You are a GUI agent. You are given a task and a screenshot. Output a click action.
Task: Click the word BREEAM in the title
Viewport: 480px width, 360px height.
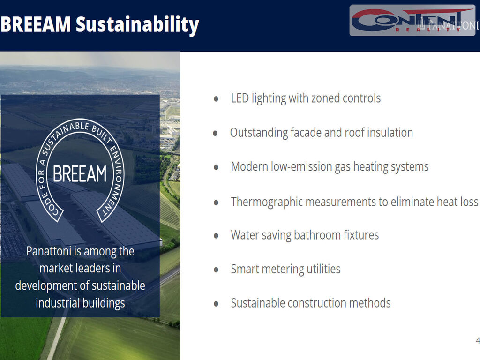[x=36, y=24]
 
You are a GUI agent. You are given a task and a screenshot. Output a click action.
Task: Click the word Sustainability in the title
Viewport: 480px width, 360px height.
[x=137, y=25]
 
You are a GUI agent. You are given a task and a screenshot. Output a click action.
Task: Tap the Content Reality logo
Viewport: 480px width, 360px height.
[x=412, y=21]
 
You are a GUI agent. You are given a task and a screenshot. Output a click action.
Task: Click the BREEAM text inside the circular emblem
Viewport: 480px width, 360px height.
[x=80, y=174]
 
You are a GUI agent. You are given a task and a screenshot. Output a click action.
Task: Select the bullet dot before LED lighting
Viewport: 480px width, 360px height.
[x=216, y=99]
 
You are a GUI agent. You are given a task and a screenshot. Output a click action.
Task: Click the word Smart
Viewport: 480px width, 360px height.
[x=245, y=269]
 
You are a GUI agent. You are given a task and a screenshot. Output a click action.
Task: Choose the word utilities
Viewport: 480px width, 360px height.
[x=323, y=269]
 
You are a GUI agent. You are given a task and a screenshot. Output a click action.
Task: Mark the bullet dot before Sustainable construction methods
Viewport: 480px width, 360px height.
[x=216, y=304]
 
